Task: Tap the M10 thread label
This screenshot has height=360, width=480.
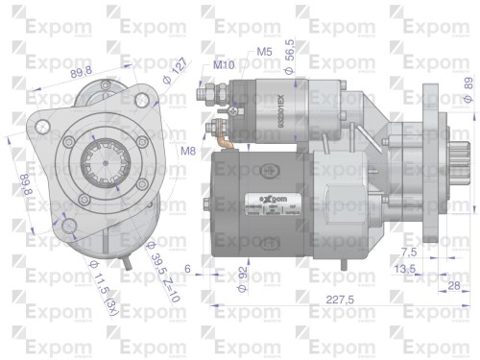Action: point(224,64)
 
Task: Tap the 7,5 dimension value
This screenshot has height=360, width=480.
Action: point(408,252)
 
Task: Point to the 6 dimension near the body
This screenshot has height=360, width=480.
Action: point(188,268)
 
